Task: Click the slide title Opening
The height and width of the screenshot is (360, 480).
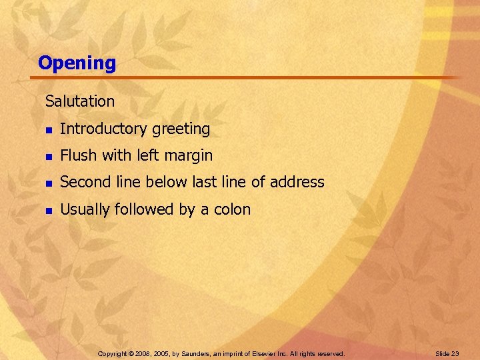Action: pyautogui.click(x=77, y=63)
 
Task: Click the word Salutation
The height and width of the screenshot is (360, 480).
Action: pyautogui.click(x=80, y=101)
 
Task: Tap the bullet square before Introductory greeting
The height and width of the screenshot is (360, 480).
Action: pyautogui.click(x=48, y=129)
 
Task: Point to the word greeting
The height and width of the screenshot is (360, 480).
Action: pyautogui.click(x=181, y=129)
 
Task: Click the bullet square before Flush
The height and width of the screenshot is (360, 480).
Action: pyautogui.click(x=48, y=156)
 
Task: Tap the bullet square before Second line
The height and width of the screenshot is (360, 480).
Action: pyautogui.click(x=48, y=183)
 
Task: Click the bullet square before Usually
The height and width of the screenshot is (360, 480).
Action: pyautogui.click(x=48, y=210)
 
